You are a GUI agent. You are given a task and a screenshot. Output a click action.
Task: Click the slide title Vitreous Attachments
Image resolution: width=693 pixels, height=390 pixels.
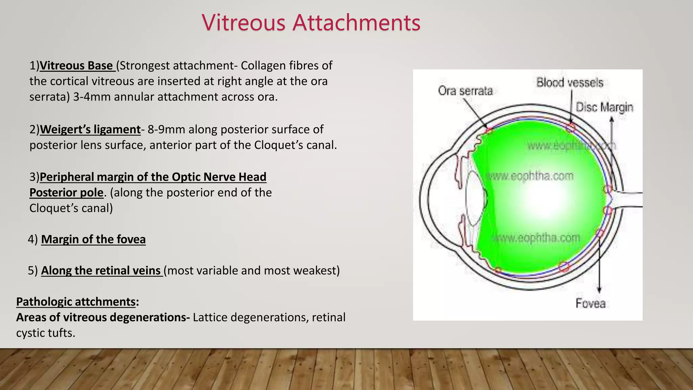[311, 23]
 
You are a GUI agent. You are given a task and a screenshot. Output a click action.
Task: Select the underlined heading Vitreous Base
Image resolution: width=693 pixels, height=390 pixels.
[76, 66]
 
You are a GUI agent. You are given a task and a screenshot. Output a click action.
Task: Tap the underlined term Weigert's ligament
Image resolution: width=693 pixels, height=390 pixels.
[90, 130]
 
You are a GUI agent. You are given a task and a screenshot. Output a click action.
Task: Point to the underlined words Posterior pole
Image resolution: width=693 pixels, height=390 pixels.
[66, 193]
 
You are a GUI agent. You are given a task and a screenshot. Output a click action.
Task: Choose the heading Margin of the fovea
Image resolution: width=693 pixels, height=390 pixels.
[93, 239]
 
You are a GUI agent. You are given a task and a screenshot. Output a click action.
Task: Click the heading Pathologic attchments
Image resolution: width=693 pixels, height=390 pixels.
[76, 302]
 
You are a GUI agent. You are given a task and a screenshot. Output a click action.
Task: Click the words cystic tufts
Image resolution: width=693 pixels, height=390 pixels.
[45, 333]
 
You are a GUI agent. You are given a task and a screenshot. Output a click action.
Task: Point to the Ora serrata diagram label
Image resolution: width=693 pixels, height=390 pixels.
[465, 91]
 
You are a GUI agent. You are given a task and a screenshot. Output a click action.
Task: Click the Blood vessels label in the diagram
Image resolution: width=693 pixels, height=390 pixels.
[569, 83]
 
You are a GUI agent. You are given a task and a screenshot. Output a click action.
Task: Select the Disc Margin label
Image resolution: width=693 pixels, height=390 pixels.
[604, 107]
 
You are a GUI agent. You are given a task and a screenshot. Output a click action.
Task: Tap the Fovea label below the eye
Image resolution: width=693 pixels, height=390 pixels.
[590, 303]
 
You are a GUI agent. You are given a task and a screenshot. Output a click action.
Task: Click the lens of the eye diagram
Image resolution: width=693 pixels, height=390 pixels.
[474, 198]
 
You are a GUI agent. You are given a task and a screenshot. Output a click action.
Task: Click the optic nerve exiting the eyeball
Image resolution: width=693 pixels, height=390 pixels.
[629, 199]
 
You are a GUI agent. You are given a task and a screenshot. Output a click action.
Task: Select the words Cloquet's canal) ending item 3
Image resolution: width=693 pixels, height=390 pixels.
[71, 208]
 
